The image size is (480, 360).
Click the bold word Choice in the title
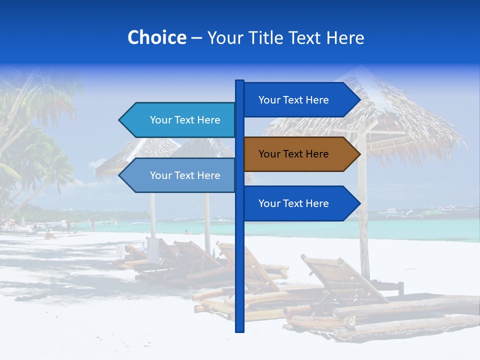[156, 37]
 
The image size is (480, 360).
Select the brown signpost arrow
[300, 154]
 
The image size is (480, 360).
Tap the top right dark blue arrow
[300, 100]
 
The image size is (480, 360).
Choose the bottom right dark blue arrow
[300, 203]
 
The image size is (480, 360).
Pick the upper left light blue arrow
[180, 120]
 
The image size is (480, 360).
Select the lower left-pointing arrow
[180, 175]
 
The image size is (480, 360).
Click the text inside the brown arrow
[293, 154]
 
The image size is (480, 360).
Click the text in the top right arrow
[293, 100]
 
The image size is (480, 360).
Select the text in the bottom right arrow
[293, 203]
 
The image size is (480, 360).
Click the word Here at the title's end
[345, 37]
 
